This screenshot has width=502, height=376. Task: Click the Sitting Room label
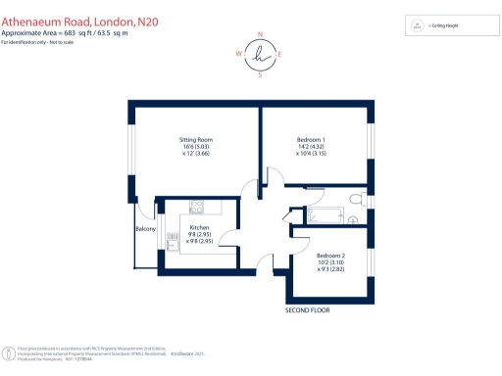(194, 140)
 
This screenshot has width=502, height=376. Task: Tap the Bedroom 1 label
(311, 140)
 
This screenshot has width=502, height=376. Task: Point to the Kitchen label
(199, 227)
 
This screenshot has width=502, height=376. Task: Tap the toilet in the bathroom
(354, 201)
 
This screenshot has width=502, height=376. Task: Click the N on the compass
(260, 34)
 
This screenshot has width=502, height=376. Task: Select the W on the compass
(239, 55)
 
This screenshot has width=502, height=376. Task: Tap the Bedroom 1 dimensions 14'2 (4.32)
(311, 147)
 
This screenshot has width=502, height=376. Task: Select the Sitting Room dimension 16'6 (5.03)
(194, 147)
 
